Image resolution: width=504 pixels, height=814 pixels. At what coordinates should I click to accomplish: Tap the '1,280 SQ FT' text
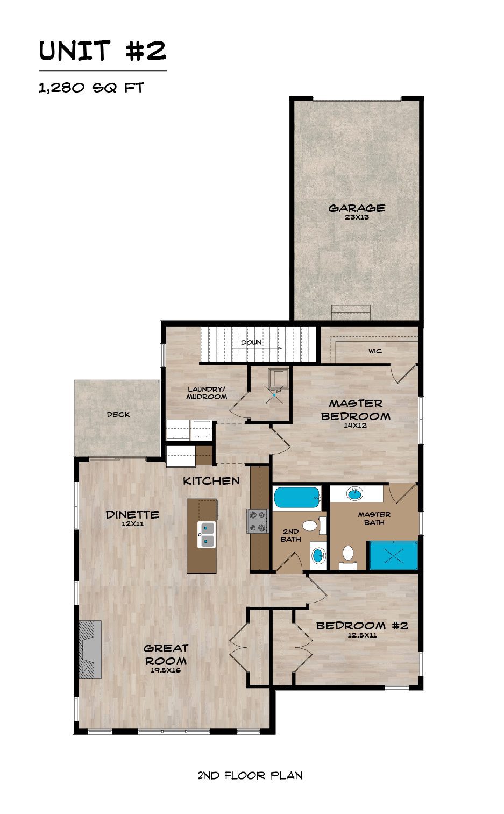[x=91, y=88]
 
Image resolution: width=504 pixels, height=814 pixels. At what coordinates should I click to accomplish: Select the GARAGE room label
[x=357, y=208]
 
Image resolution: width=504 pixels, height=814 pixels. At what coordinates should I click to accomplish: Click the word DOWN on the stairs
[x=251, y=342]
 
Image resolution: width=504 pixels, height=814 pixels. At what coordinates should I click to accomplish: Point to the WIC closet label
[x=375, y=351]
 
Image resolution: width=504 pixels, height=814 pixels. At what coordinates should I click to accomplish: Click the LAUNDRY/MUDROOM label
[x=207, y=393]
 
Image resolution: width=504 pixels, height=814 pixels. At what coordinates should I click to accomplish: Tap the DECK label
[x=118, y=414]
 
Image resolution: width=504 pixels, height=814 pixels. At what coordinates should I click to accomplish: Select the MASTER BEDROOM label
[x=356, y=410]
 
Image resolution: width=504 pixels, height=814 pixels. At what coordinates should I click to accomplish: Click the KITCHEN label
[x=211, y=481]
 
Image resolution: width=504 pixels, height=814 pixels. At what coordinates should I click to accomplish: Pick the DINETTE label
[x=132, y=514]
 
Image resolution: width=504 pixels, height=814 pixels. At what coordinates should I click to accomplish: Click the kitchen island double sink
[x=206, y=535]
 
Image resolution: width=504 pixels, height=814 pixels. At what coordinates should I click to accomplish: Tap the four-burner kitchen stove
[x=257, y=521]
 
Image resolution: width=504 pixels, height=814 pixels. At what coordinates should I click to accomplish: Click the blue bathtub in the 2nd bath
[x=297, y=498]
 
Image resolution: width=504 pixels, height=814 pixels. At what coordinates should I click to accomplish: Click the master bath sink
[x=354, y=493]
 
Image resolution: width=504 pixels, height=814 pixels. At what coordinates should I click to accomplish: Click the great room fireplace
[x=90, y=649]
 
